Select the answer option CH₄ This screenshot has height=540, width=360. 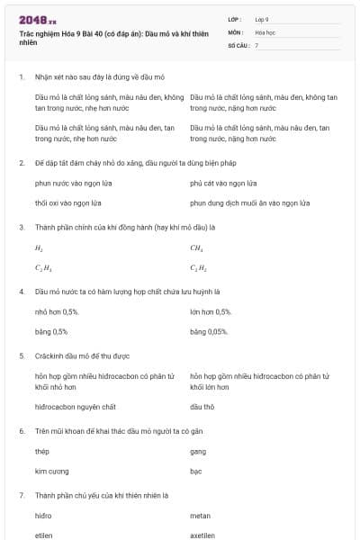[196, 247]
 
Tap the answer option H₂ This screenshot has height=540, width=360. [39, 247]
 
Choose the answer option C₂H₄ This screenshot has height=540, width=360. [41, 268]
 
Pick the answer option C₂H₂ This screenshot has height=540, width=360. [198, 268]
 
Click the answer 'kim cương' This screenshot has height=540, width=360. [50, 471]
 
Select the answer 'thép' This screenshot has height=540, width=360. [41, 451]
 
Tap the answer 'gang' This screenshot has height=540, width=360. [198, 451]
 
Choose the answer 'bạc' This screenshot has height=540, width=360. [196, 471]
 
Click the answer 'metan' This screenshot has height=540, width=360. [200, 516]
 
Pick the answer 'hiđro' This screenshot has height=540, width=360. [43, 516]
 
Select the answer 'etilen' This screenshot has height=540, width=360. [44, 535]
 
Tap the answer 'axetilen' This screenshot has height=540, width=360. [202, 535]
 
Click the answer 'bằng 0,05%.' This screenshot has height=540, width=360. [209, 332]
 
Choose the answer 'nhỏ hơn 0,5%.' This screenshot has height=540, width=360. [57, 311]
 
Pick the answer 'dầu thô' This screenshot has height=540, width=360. [202, 407]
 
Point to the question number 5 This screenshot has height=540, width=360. [22, 355]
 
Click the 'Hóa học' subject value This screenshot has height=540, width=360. [265, 31]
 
